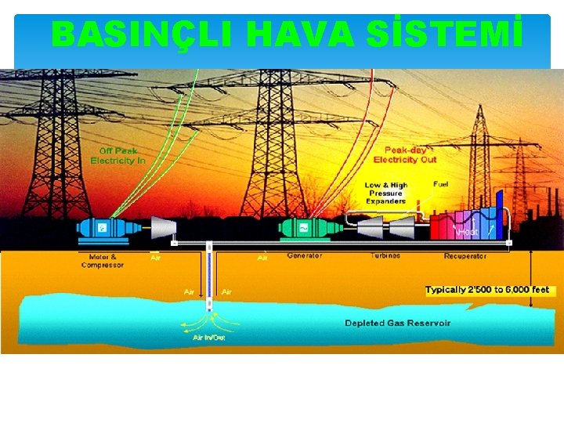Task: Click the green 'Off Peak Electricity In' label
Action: [x=118, y=155]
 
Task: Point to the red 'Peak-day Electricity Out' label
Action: [x=405, y=155]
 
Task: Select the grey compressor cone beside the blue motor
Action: [x=163, y=227]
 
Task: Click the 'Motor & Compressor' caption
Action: [x=103, y=261]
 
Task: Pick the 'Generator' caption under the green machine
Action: [x=305, y=256]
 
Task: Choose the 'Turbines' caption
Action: [x=385, y=256]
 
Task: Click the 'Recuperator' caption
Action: [x=465, y=256]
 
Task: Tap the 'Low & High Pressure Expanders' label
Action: [x=385, y=193]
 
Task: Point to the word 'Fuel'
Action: [x=441, y=184]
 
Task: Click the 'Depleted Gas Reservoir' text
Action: [x=398, y=323]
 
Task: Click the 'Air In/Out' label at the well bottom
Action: [x=209, y=338]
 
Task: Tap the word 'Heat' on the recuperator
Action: [x=468, y=232]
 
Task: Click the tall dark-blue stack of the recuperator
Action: [x=499, y=211]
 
